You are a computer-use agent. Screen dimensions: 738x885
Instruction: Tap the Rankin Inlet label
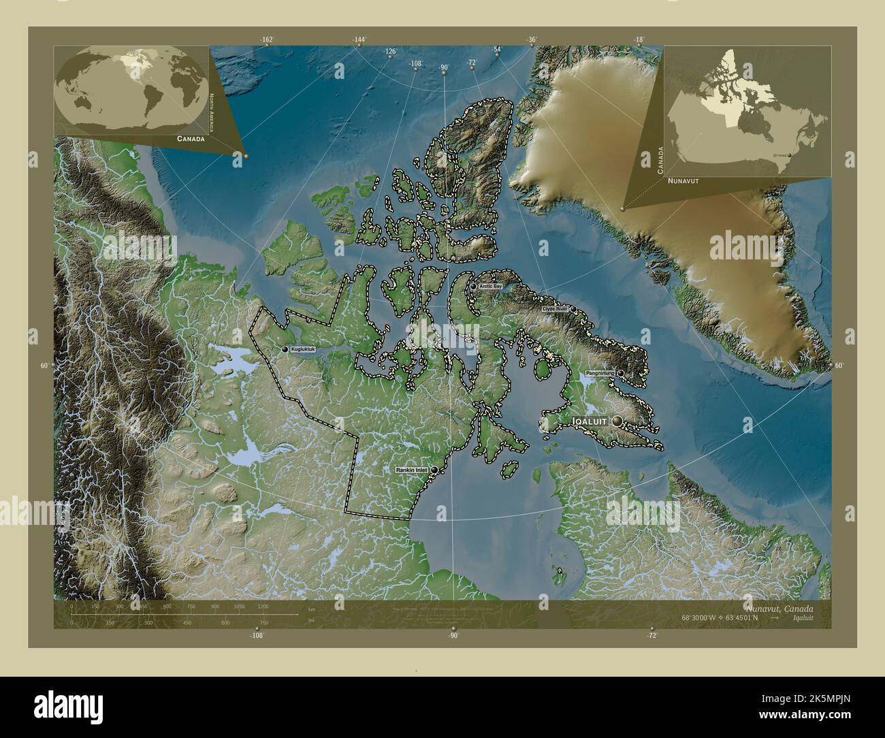[412, 470]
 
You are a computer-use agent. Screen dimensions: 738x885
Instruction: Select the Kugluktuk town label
[303, 349]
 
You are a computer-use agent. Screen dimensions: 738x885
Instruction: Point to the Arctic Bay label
[490, 287]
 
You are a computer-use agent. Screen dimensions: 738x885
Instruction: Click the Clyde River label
[554, 309]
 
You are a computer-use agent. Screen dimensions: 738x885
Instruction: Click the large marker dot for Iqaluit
[617, 421]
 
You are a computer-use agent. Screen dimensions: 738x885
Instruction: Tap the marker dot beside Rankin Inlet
[434, 470]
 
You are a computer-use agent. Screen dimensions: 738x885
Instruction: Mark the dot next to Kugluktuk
[285, 349]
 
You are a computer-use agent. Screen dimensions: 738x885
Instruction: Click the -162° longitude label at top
[266, 40]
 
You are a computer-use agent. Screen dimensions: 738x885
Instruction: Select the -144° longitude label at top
[359, 40]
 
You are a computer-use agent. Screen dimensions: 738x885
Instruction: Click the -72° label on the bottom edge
[651, 635]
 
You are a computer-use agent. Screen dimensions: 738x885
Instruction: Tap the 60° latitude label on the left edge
[44, 366]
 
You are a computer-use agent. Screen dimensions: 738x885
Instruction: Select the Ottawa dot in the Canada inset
[790, 155]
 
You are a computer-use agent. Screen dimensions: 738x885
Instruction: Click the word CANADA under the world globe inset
[191, 138]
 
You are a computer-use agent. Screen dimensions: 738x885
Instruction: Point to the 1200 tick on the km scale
[262, 606]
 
